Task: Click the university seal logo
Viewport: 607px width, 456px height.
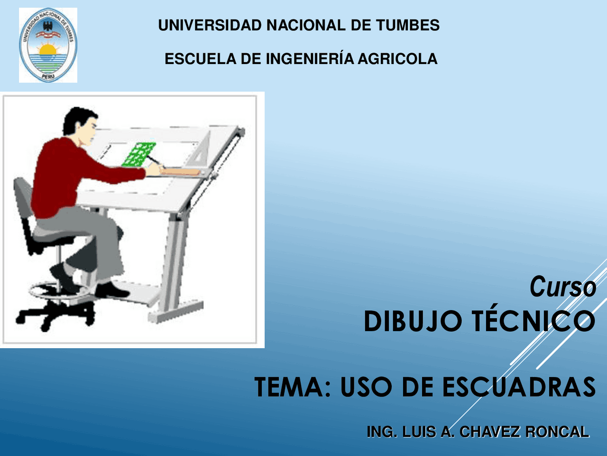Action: click(x=48, y=45)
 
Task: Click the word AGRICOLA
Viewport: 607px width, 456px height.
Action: click(x=398, y=59)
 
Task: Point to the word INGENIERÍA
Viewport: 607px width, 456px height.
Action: click(x=310, y=58)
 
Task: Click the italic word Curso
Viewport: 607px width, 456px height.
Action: click(x=563, y=287)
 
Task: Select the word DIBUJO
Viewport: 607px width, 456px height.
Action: click(x=413, y=321)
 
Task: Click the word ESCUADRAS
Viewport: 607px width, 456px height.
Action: click(x=519, y=387)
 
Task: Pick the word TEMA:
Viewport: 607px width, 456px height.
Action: click(x=292, y=387)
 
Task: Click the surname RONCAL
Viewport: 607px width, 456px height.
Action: click(x=557, y=432)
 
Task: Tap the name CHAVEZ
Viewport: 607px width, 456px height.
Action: click(x=489, y=432)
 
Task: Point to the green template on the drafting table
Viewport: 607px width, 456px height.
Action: click(x=139, y=154)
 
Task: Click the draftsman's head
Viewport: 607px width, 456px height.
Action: click(x=80, y=125)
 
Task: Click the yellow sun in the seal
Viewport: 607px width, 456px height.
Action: click(x=47, y=49)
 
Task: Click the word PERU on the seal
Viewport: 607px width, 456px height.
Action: click(x=48, y=76)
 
